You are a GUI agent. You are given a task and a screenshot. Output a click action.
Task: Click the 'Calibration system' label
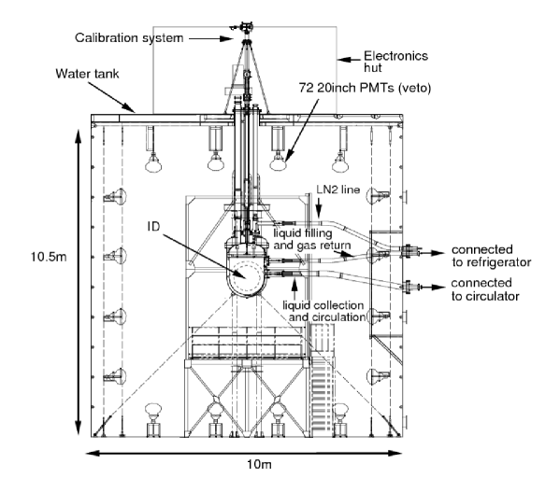click(129, 38)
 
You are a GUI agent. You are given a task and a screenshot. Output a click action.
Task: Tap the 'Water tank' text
click(87, 74)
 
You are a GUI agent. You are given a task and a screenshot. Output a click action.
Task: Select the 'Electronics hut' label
click(395, 62)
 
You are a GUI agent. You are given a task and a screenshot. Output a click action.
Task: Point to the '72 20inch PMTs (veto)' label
click(365, 88)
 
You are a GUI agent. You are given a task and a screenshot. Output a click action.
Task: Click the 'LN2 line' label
click(338, 190)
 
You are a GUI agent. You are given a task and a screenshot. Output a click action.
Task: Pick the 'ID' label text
click(153, 226)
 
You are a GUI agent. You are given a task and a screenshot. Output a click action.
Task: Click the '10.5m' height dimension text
click(49, 257)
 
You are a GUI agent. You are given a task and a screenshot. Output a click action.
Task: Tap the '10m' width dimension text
click(259, 464)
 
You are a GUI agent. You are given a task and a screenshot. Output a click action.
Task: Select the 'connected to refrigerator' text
click(492, 256)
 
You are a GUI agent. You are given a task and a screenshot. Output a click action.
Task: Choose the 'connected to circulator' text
click(485, 289)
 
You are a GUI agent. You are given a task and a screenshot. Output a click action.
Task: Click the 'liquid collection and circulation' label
click(324, 311)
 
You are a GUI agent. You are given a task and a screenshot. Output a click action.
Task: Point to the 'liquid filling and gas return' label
click(312, 239)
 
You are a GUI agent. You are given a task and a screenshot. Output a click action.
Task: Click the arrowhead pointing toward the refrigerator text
click(438, 253)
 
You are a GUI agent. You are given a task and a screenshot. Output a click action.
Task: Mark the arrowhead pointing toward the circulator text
click(438, 288)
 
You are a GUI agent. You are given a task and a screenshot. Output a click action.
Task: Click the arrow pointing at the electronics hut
click(349, 60)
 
